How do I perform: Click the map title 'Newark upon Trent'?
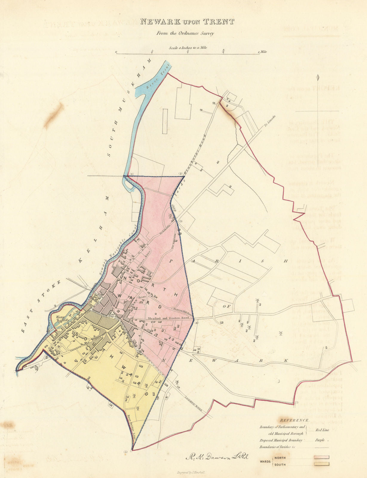click(x=187, y=22)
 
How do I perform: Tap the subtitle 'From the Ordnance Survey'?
click(x=185, y=33)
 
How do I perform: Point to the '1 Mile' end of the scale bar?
click(x=262, y=52)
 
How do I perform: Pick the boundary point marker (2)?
click(x=180, y=174)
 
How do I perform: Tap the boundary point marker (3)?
click(x=181, y=221)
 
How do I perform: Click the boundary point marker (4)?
click(x=196, y=323)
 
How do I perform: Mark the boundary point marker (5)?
click(x=125, y=452)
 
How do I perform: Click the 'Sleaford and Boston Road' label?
click(x=168, y=318)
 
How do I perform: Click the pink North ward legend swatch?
click(x=321, y=457)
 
